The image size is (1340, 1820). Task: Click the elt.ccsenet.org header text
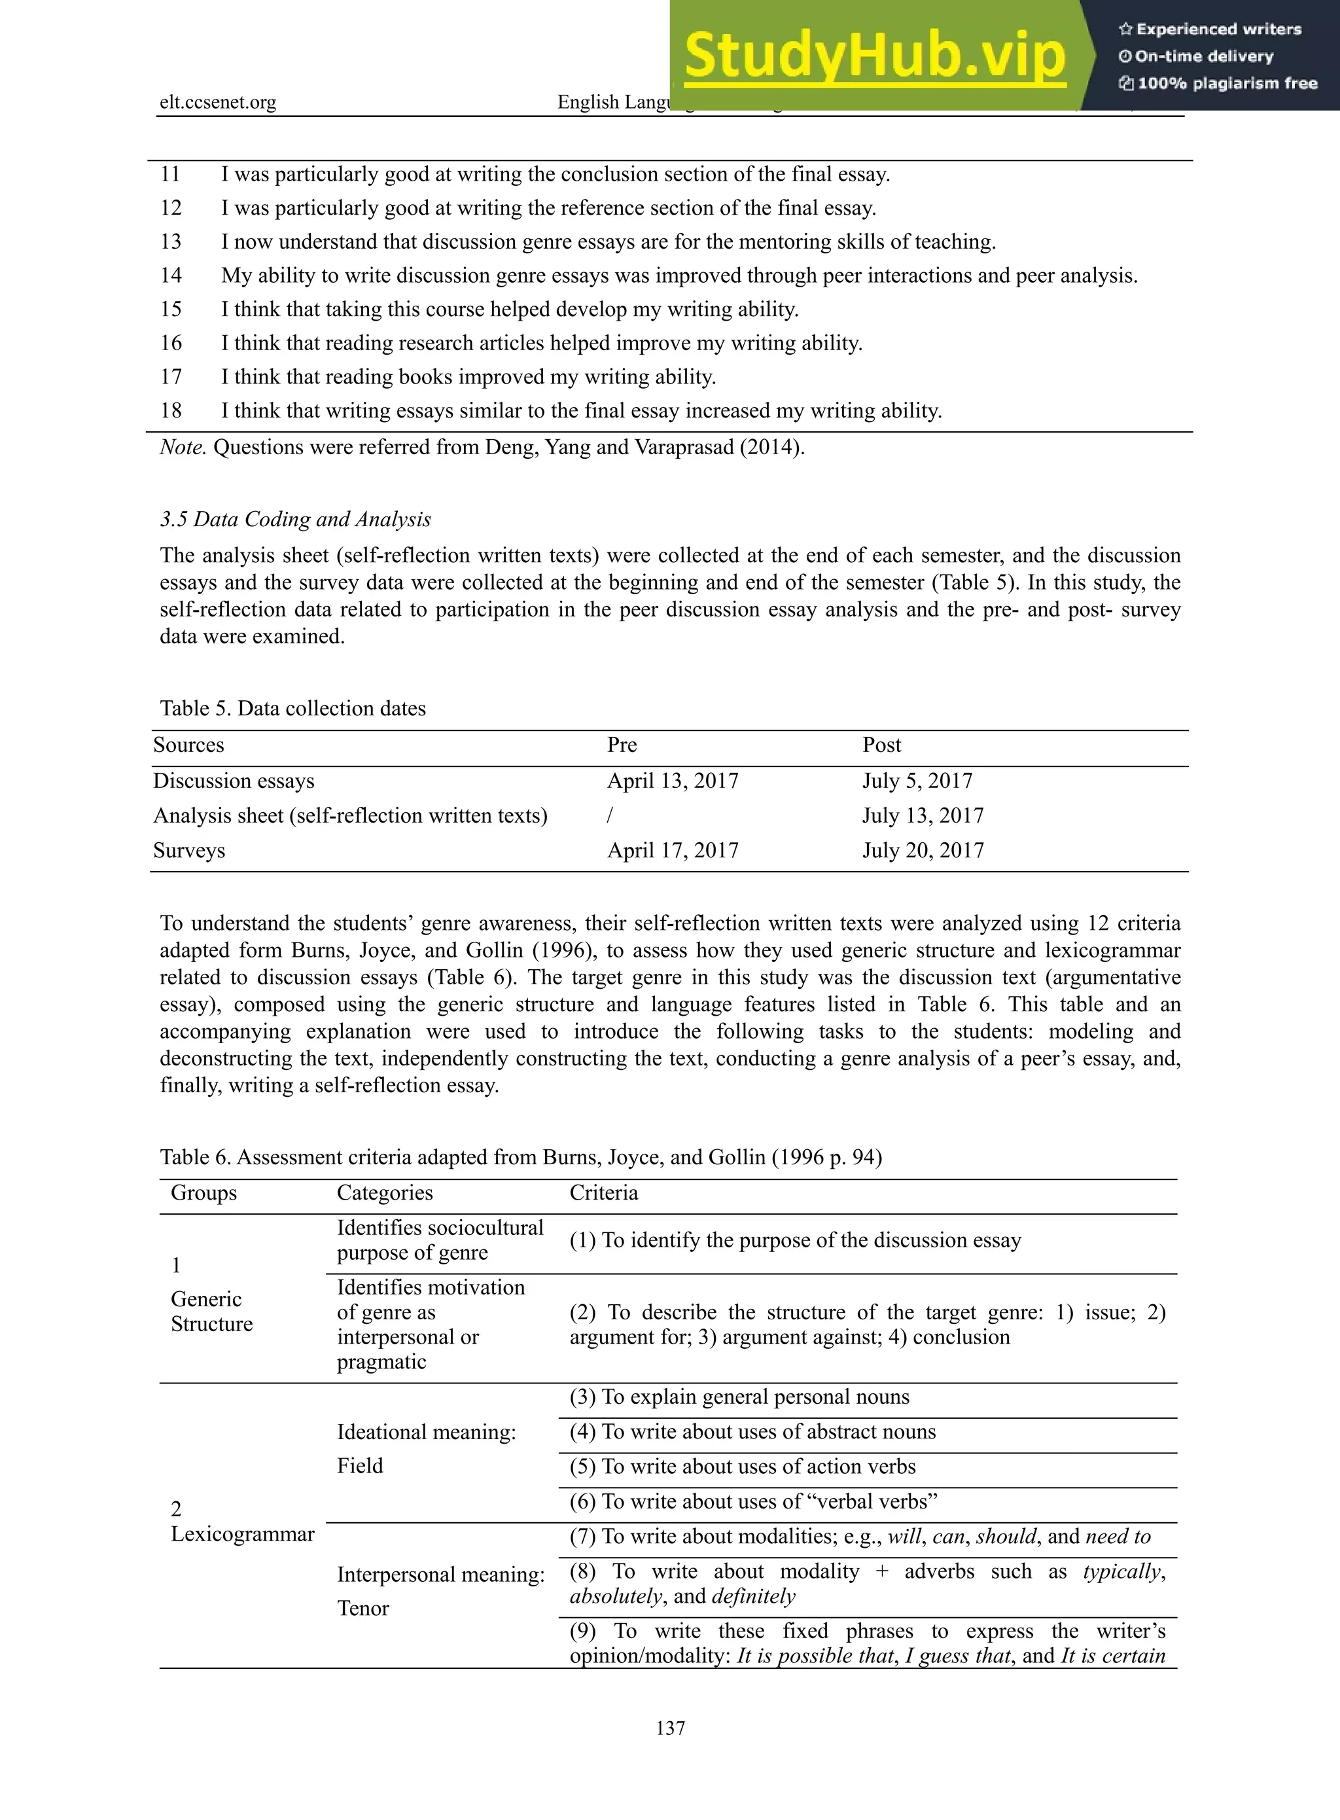(x=217, y=102)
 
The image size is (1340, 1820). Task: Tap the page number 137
(x=670, y=1728)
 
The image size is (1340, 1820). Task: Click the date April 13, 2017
(x=673, y=781)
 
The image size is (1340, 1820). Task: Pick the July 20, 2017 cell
(x=923, y=850)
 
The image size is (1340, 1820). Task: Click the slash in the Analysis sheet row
(x=610, y=815)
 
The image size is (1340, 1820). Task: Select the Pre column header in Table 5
(x=622, y=745)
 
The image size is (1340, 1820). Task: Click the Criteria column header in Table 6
(x=603, y=1193)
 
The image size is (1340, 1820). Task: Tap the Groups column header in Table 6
(x=203, y=1193)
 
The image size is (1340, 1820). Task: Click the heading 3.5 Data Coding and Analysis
(x=295, y=520)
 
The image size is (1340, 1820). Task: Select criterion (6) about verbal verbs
(x=752, y=1501)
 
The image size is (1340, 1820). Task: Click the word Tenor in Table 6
(x=362, y=1608)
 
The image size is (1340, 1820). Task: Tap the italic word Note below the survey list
(x=183, y=447)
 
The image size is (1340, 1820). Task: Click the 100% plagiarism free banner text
(x=1218, y=82)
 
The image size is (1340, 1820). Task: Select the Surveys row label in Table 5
(x=189, y=850)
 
